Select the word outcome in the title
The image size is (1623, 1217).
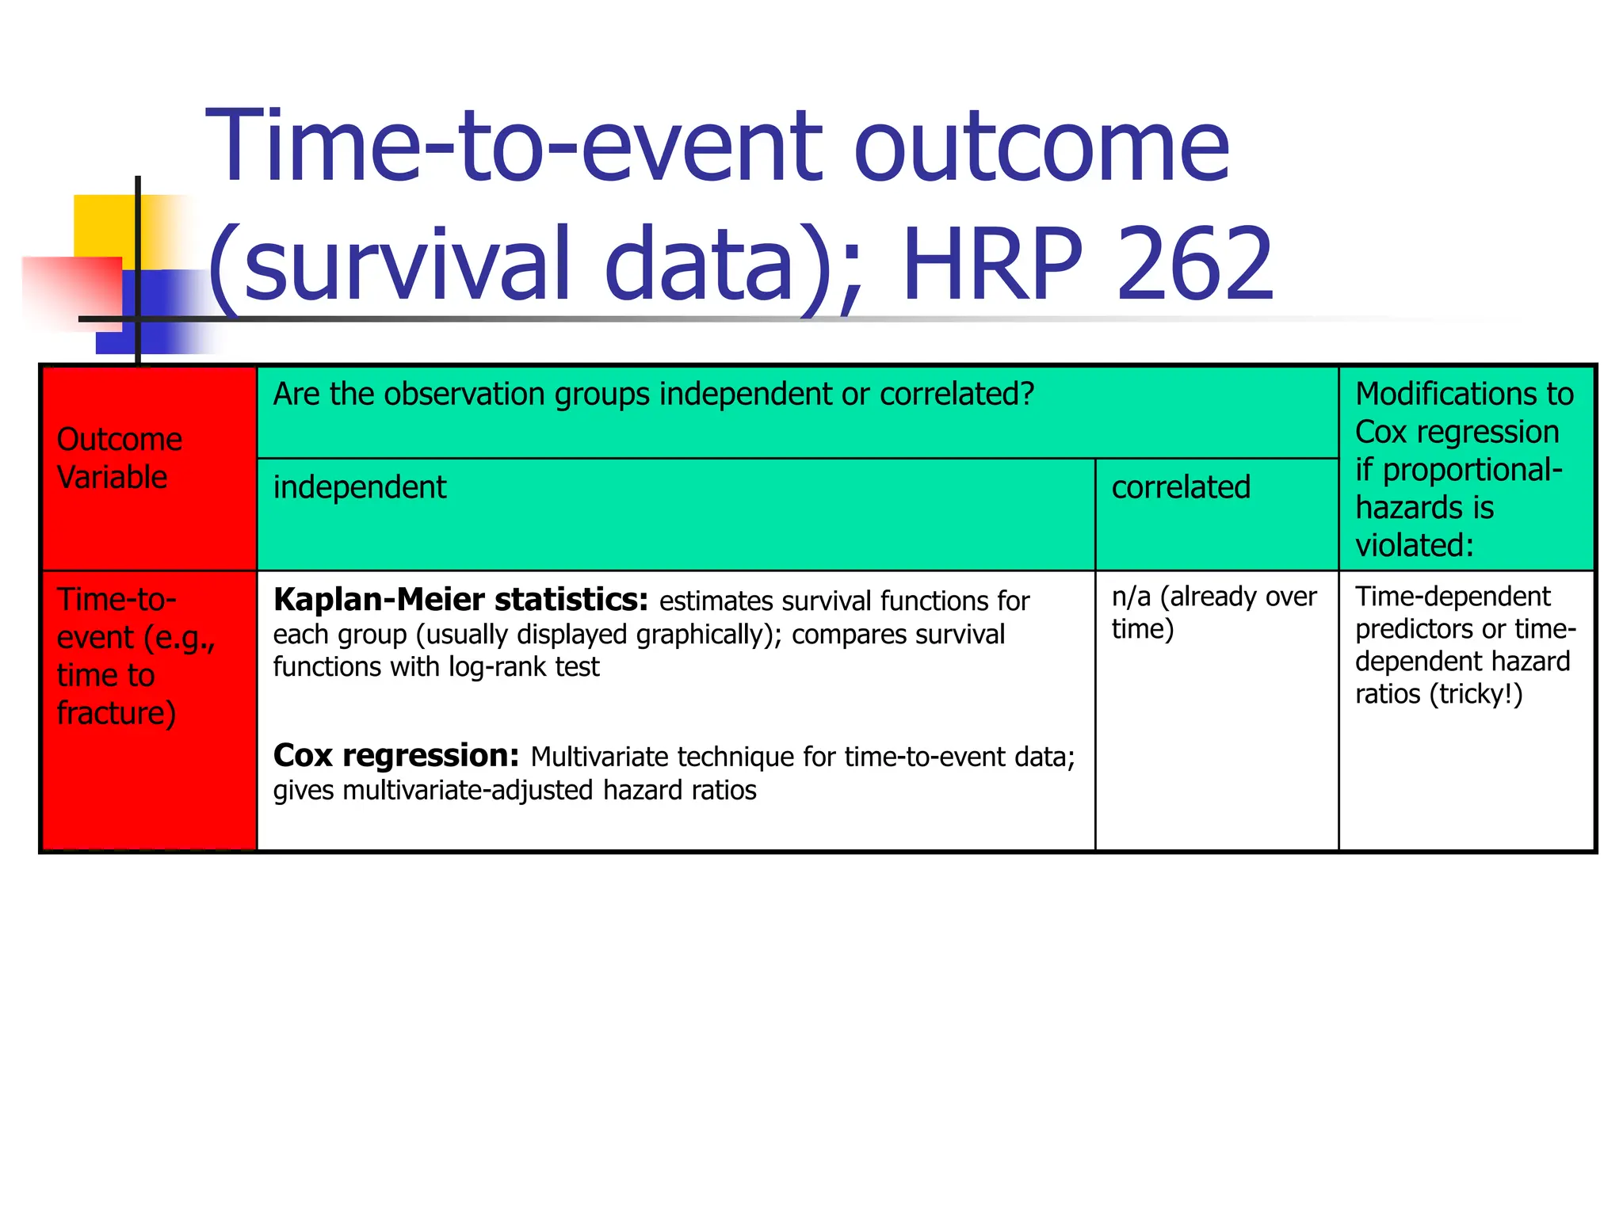pyautogui.click(x=1042, y=147)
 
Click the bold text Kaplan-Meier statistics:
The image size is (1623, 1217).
pyautogui.click(x=460, y=600)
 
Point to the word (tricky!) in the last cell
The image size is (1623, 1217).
pyautogui.click(x=1475, y=694)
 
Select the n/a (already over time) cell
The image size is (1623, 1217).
pyautogui.click(x=1214, y=612)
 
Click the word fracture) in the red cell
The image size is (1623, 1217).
pyautogui.click(x=116, y=713)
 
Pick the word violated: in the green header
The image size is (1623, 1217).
pyautogui.click(x=1414, y=546)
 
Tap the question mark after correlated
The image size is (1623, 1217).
pyautogui.click(x=1028, y=394)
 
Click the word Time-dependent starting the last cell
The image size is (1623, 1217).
pyautogui.click(x=1453, y=596)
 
